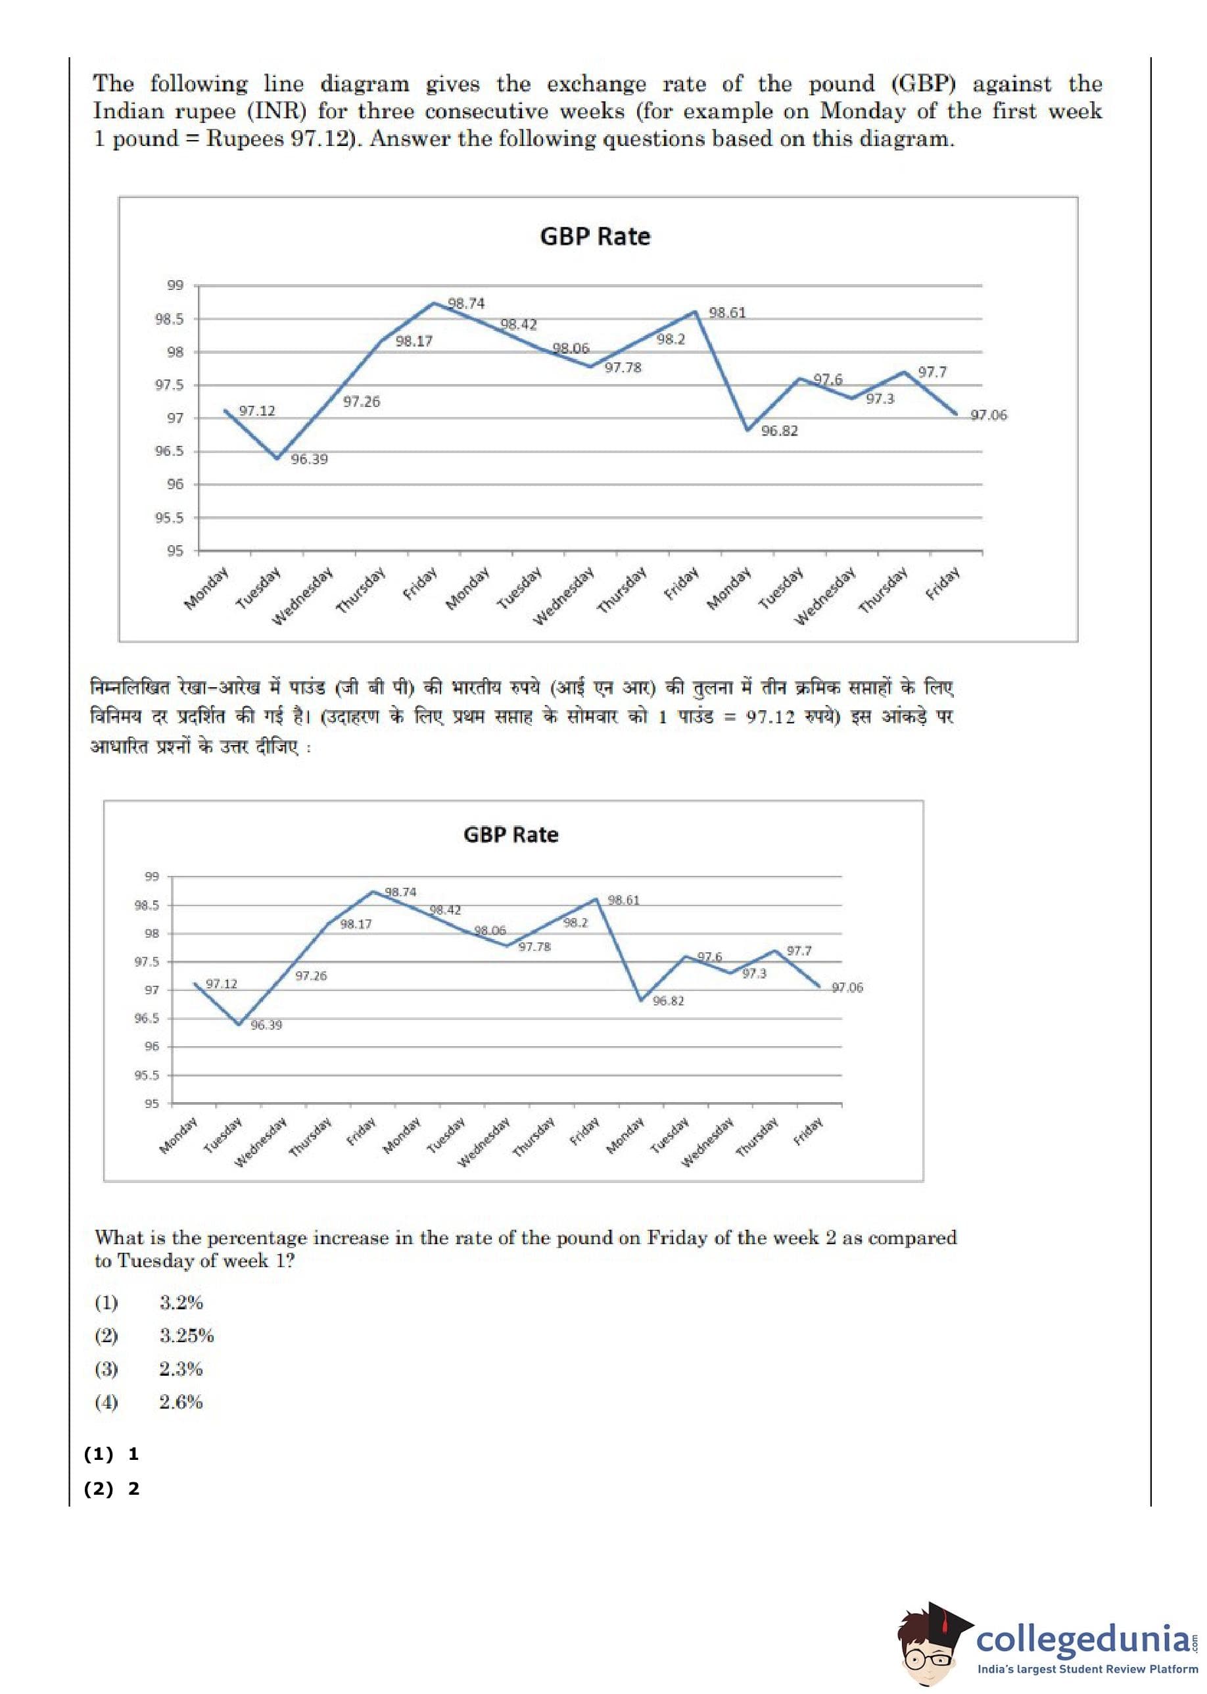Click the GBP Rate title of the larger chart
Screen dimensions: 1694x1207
pos(594,236)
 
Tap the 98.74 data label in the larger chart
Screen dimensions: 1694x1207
pos(466,303)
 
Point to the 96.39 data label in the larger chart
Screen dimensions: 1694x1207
pos(309,460)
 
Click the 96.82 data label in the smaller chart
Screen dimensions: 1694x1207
pos(668,1002)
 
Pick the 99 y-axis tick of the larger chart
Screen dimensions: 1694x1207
pos(175,285)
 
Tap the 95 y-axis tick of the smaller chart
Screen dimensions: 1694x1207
pos(152,1104)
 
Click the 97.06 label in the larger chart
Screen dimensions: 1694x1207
pos(989,416)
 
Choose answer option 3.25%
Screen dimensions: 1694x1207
pos(187,1336)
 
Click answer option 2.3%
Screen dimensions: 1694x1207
pos(181,1369)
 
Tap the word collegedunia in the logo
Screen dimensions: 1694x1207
pos(1081,1639)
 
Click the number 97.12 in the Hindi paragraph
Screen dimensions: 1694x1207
pos(773,717)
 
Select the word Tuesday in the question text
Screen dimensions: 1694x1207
pos(155,1261)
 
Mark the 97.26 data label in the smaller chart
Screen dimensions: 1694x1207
pos(311,976)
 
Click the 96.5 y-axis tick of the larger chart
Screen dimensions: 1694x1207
pos(170,451)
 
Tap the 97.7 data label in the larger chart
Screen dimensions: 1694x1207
pos(932,372)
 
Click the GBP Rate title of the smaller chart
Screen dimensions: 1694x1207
pos(511,835)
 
